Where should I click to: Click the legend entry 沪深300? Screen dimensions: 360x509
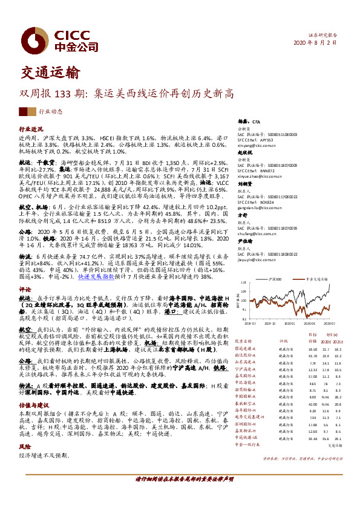[276, 279]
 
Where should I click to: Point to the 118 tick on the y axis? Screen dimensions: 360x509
[244, 284]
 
